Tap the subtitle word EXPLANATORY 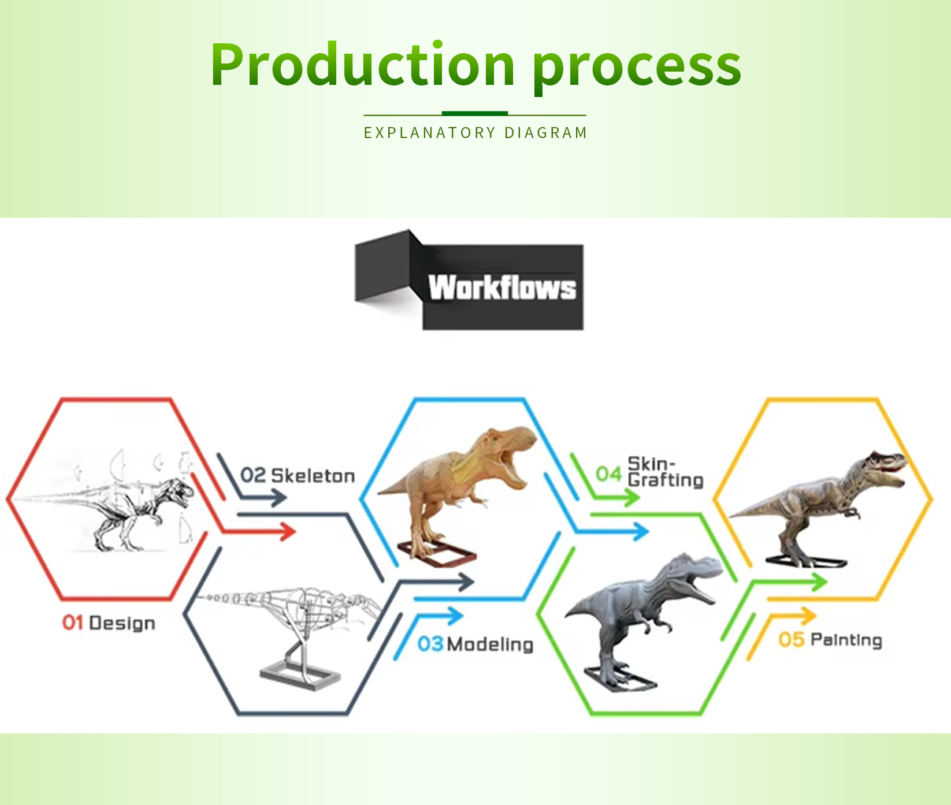point(429,133)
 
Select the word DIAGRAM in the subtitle point(545,133)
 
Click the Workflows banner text point(502,287)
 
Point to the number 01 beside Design point(73,623)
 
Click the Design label point(122,624)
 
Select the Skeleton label point(313,476)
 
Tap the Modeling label point(490,644)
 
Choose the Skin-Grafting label point(665,472)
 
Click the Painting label point(846,640)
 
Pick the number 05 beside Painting point(792,639)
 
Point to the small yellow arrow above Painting point(780,632)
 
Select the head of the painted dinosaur point(882,467)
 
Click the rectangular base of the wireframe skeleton point(300,676)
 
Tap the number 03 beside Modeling point(430,644)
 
